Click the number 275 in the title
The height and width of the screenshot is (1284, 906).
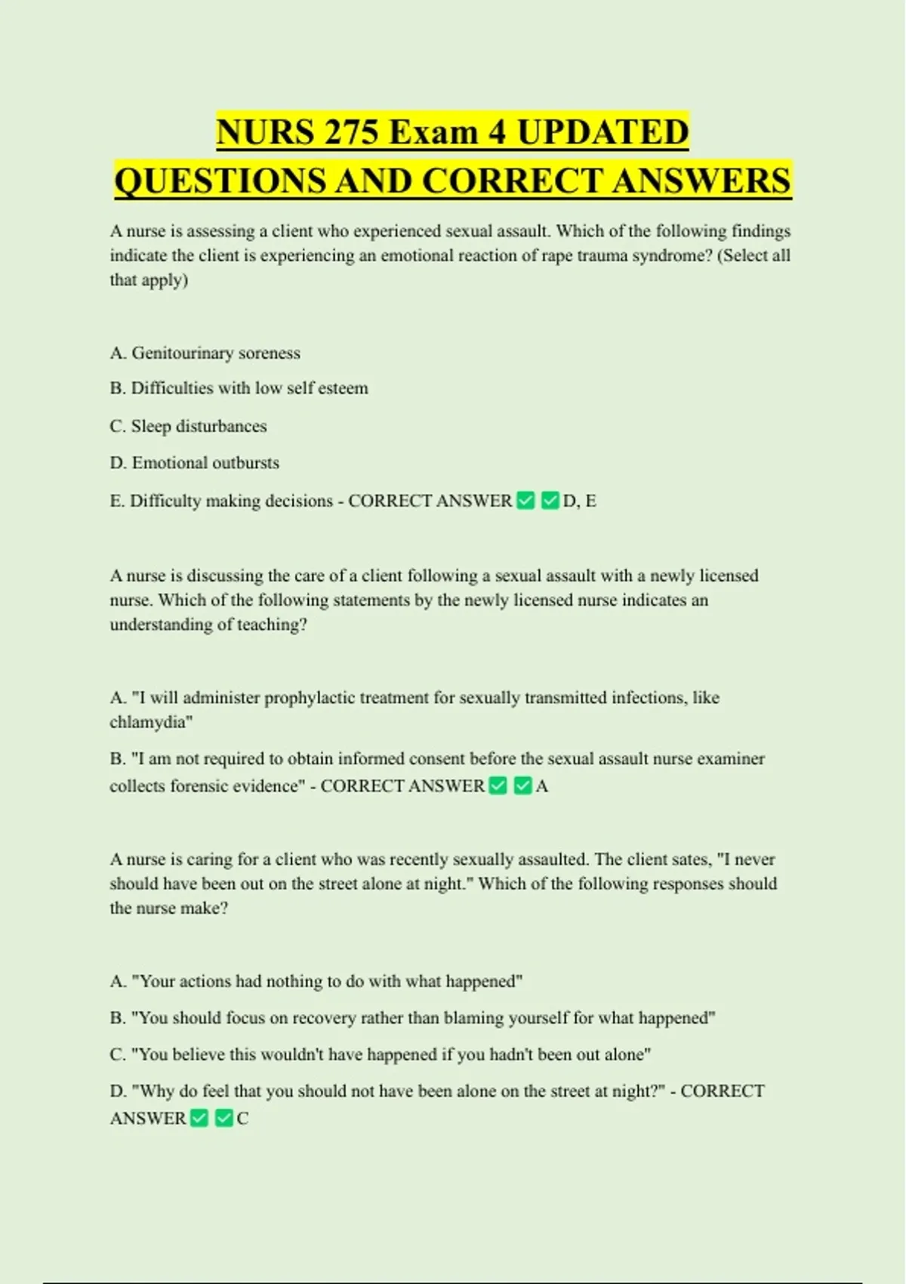coord(353,133)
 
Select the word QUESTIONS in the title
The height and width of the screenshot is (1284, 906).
coord(220,181)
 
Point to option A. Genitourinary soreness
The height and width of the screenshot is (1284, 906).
coord(205,353)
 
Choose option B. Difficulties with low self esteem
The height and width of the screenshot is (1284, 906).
coord(239,388)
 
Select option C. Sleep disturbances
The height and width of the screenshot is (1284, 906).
coord(188,426)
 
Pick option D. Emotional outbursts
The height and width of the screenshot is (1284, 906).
coord(194,462)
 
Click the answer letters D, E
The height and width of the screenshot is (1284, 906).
coord(580,501)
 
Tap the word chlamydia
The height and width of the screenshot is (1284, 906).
coord(150,722)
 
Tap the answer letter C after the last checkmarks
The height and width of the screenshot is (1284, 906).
coord(242,1119)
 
